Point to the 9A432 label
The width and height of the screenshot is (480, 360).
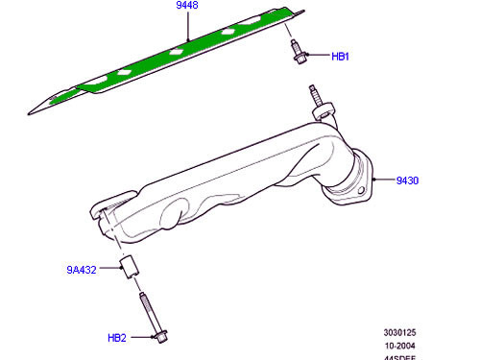[82, 271]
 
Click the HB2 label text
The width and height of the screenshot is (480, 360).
[118, 337]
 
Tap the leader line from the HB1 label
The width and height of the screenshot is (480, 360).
[317, 56]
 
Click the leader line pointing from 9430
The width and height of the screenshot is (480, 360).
[384, 180]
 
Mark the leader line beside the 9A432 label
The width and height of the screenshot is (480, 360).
[108, 271]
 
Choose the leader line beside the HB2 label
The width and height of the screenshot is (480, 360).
[138, 337]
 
